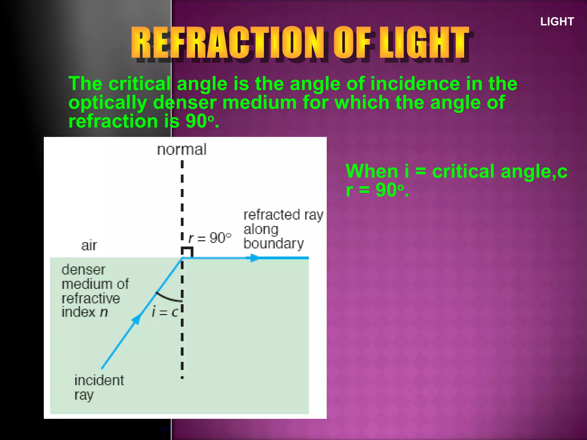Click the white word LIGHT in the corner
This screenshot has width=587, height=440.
[557, 22]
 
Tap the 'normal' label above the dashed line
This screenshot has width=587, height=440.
[181, 150]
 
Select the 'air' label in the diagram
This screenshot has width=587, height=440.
[89, 245]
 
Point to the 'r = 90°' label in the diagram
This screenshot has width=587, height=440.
[210, 238]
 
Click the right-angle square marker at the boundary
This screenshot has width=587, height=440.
[187, 252]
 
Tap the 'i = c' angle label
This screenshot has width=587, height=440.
[165, 312]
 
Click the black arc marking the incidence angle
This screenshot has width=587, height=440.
[168, 298]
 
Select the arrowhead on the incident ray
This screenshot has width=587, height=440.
[136, 319]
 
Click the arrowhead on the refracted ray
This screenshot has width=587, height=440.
[254, 258]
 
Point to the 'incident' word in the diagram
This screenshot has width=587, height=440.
[99, 380]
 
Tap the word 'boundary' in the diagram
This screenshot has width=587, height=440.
[273, 243]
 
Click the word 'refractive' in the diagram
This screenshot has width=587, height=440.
[91, 298]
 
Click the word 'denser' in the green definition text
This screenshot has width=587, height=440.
[185, 103]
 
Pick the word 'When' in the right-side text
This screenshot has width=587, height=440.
[372, 171]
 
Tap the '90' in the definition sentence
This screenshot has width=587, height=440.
[196, 121]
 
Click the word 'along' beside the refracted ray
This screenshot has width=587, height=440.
[261, 229]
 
